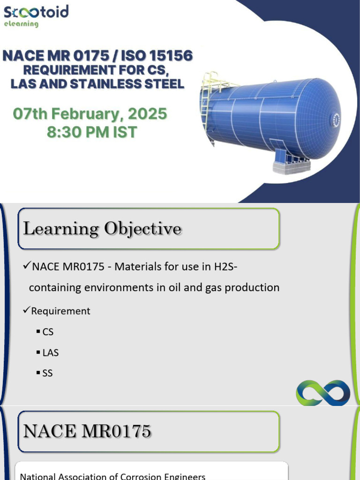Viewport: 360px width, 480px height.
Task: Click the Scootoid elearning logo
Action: pos(36,15)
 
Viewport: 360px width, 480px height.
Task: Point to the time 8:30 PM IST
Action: pos(92,132)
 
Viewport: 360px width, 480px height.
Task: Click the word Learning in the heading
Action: pos(61,229)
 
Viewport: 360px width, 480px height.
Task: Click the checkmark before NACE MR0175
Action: pos(27,267)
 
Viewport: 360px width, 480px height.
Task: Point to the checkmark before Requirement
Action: pos(27,310)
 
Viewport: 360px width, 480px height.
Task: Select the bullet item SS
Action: pos(47,374)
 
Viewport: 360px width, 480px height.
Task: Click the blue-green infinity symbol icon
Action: pos(323,393)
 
